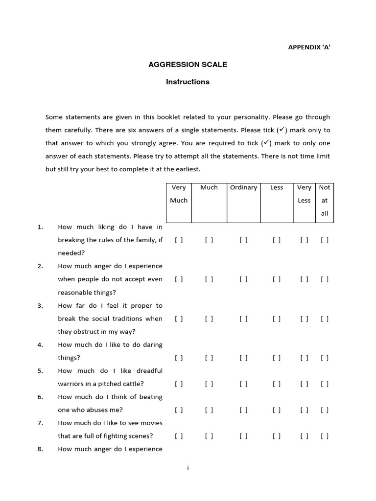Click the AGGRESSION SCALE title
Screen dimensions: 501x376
pos(188,64)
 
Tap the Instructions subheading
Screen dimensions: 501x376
pos(188,82)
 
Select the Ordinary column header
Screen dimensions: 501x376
pos(243,187)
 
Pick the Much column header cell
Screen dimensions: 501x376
pos(209,187)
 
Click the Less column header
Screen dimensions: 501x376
pos(277,187)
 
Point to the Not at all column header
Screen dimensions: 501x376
pos(325,200)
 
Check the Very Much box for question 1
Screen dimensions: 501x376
pos(179,240)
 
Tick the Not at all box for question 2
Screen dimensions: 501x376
pos(325,279)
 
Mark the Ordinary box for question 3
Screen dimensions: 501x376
pos(243,319)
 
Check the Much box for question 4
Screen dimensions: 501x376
pos(209,358)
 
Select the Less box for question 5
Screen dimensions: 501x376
pos(277,384)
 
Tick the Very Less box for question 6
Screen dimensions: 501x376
pos(305,410)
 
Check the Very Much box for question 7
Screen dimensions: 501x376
pos(179,436)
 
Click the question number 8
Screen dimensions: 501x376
pos(40,449)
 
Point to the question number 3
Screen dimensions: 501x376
pos(40,305)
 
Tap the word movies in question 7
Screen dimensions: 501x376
pos(152,423)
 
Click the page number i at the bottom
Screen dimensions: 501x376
pos(188,468)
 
